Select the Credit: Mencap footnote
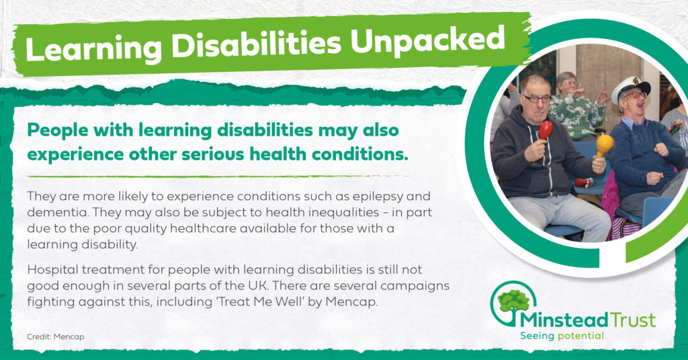[55, 336]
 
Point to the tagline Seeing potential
[562, 336]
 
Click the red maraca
[546, 130]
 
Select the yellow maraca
[604, 145]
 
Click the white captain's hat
[630, 87]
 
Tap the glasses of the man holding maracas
[536, 99]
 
